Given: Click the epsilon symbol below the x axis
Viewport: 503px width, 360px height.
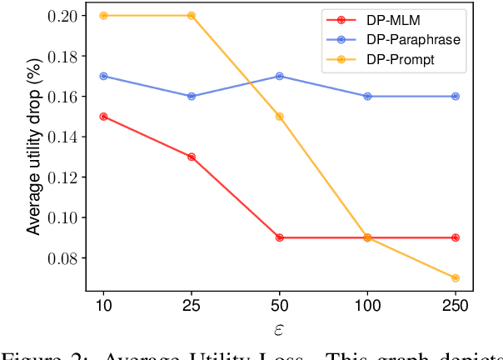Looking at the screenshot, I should click(279, 329).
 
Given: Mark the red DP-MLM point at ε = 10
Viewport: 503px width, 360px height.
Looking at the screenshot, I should click(103, 117).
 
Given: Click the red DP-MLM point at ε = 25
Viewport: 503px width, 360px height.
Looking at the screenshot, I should click(192, 157).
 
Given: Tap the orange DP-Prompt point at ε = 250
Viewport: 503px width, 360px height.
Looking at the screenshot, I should click(456, 277).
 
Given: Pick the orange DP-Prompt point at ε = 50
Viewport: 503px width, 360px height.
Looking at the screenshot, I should click(280, 117).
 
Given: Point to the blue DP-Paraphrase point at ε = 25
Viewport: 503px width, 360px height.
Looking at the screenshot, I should click(192, 97).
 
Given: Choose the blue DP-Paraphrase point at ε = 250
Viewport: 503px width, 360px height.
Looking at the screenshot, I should click(456, 97).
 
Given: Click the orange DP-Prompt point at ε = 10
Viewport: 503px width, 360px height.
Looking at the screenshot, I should click(103, 16).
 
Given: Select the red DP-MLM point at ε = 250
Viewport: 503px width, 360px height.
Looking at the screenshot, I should click(456, 237).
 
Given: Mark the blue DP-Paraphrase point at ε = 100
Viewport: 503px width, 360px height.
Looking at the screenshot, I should click(367, 97).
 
